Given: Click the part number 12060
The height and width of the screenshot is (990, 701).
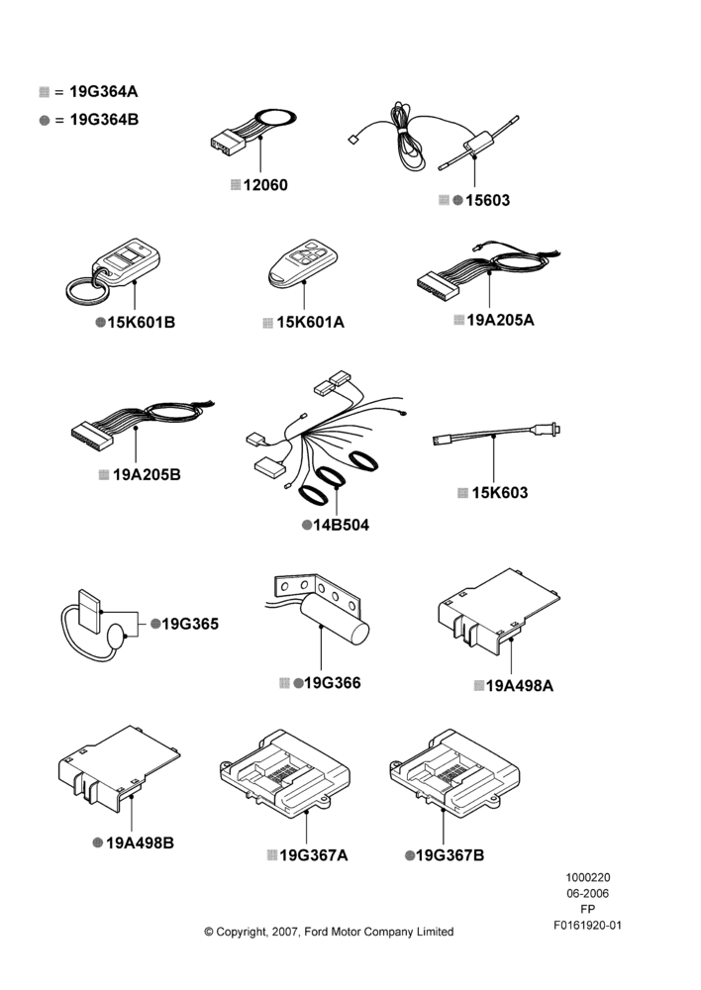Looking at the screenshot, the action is (x=265, y=185).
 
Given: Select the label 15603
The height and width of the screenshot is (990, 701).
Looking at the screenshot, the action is (x=487, y=200).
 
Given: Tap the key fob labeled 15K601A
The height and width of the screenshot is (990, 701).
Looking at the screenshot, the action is (x=303, y=263).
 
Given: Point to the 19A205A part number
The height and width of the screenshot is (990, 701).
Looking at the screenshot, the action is (x=500, y=320).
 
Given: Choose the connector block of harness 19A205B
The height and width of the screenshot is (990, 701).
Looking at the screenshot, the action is (x=92, y=435).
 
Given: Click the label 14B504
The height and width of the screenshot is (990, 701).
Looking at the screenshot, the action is (x=341, y=525).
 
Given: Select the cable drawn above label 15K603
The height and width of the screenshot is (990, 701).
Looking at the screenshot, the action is (x=496, y=435).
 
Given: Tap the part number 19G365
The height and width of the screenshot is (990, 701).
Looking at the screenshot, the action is (x=190, y=624).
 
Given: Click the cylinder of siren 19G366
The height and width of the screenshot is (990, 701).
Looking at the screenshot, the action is (x=334, y=620).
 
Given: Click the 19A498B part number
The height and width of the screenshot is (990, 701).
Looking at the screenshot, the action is (x=140, y=842).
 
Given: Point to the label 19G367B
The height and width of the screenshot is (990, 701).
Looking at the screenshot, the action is (x=450, y=855).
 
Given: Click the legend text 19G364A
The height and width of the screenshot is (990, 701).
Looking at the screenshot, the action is (x=104, y=91).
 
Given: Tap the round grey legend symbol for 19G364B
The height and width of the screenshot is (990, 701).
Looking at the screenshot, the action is (x=45, y=120).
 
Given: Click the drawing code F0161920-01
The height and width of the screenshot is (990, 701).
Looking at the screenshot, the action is (x=587, y=925).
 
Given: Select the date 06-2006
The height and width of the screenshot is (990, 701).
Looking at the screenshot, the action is (x=587, y=893).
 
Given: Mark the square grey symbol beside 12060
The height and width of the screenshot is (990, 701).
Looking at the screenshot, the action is (x=236, y=185).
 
